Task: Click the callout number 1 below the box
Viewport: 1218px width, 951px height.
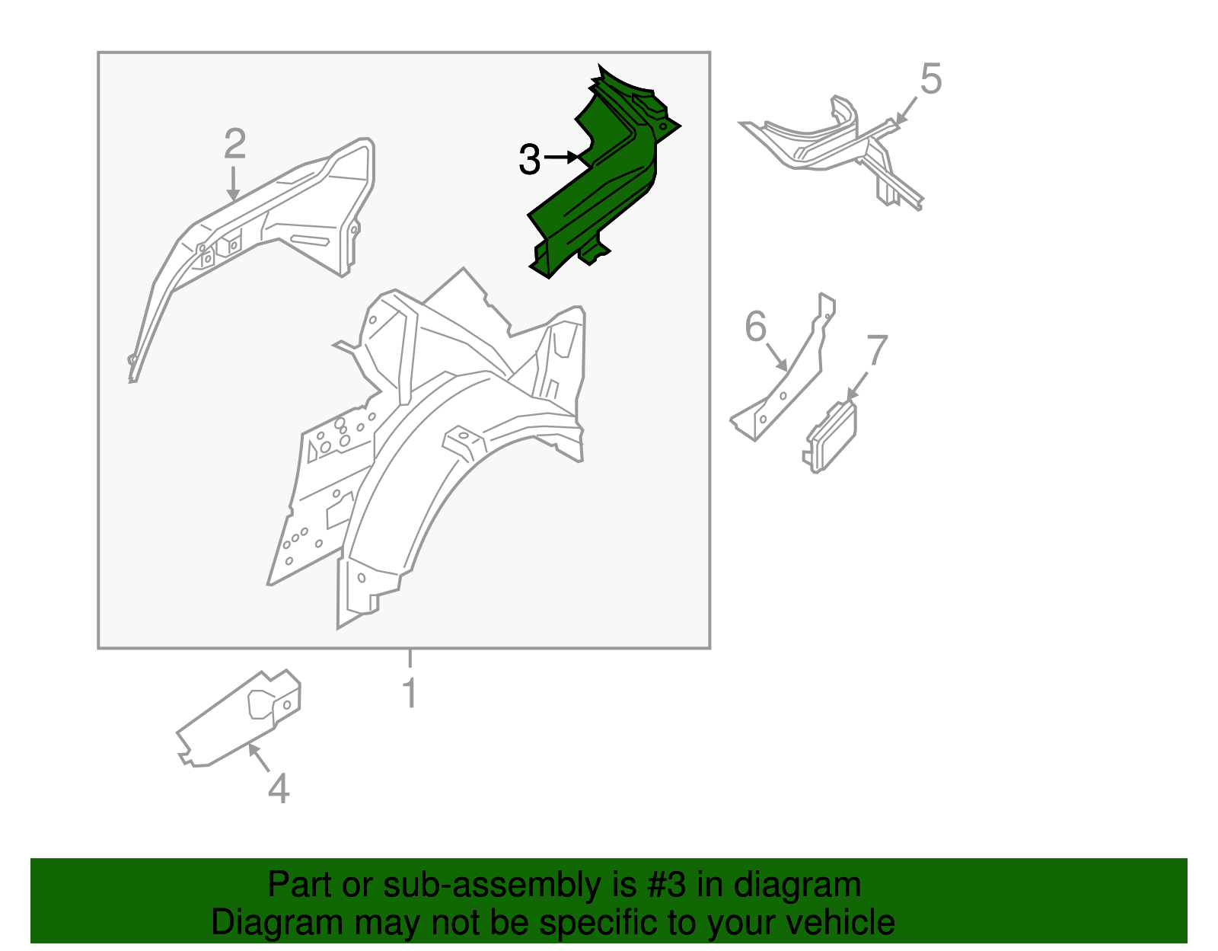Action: (411, 693)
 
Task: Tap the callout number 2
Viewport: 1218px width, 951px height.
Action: (235, 144)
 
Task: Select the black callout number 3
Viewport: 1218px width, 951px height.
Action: (530, 159)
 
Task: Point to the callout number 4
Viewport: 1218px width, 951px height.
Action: (279, 788)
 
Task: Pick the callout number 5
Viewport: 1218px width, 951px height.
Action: (931, 79)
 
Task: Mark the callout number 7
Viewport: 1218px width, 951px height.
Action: (877, 349)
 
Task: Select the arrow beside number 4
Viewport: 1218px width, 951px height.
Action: (259, 757)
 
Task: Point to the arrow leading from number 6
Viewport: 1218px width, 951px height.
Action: (777, 356)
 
